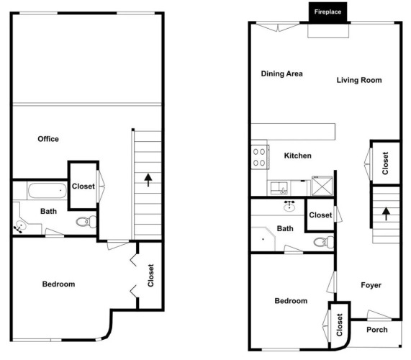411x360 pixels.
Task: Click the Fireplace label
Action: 328,12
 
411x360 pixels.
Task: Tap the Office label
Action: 48,139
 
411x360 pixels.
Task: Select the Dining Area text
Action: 281,73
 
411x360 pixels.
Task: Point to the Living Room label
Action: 359,80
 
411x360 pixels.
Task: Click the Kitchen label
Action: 298,156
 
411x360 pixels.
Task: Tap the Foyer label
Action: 371,285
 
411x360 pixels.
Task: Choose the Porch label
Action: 377,330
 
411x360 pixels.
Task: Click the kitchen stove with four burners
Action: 260,157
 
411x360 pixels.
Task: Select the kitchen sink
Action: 279,188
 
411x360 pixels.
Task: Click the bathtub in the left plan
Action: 48,191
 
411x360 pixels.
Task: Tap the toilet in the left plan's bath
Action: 86,222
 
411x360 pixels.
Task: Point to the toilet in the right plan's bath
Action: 324,242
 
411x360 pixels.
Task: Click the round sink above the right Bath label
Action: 289,207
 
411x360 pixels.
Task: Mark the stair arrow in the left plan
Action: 148,180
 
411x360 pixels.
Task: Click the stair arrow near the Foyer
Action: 386,214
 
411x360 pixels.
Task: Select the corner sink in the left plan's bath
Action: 20,225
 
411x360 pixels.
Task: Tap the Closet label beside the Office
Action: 83,186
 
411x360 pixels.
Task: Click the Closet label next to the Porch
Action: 340,325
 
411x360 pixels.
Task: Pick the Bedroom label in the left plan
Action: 58,284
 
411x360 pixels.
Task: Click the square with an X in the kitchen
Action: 322,186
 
